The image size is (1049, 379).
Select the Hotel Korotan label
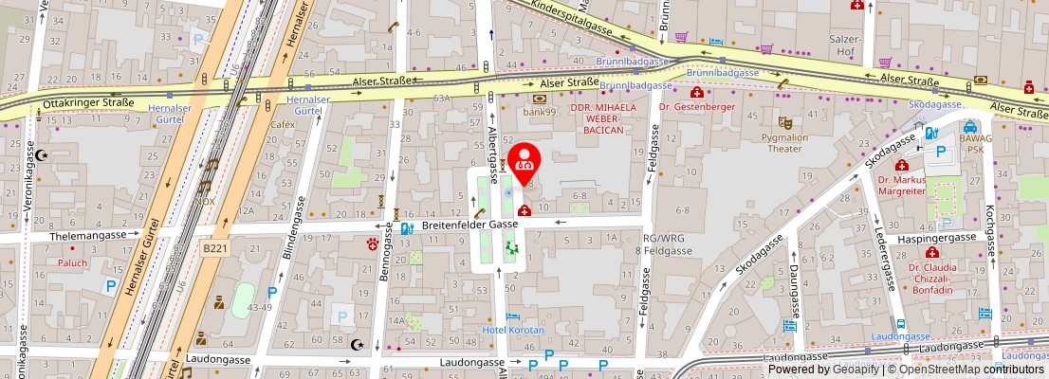click(x=513, y=330)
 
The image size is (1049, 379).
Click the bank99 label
click(x=539, y=112)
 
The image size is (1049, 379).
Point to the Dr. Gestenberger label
click(x=697, y=107)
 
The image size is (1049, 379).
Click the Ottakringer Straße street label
click(x=88, y=101)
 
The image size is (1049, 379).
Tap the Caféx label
click(x=283, y=124)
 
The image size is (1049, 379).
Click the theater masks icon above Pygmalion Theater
click(x=784, y=122)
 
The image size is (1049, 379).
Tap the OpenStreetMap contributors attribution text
click(x=966, y=370)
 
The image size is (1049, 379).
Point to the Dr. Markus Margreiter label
click(x=901, y=185)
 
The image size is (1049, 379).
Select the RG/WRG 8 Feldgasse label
click(x=665, y=244)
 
